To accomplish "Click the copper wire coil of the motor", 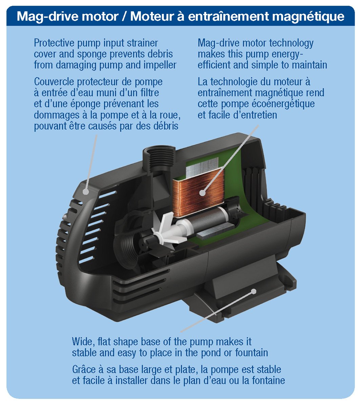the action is click(x=198, y=192).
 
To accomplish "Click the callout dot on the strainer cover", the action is click(x=86, y=192).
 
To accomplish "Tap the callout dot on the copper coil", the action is click(x=203, y=193).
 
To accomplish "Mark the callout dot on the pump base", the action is click(x=254, y=291).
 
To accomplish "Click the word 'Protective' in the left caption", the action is click(x=54, y=43).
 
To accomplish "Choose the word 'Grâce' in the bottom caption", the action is click(x=84, y=369).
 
